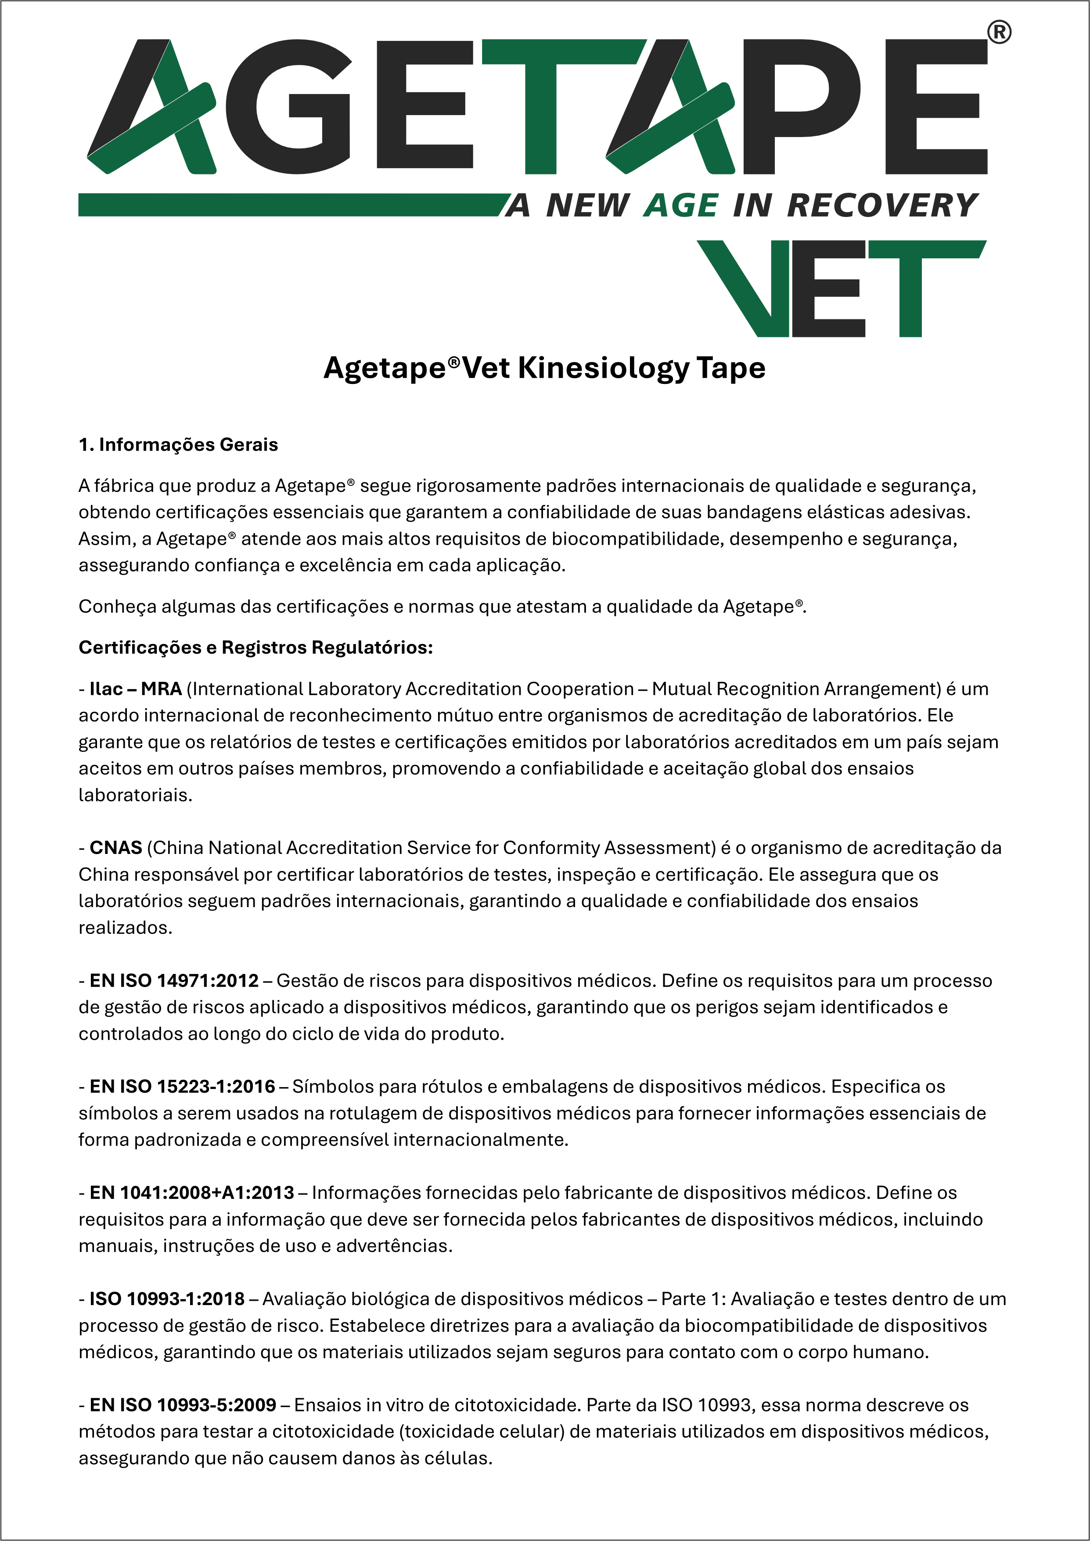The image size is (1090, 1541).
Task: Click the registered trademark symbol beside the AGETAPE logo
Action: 999,32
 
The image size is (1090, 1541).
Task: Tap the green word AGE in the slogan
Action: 680,206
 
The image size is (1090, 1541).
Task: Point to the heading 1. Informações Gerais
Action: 178,445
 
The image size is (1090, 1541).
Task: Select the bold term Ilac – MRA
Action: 136,689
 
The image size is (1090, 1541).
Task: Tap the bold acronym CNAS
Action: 115,847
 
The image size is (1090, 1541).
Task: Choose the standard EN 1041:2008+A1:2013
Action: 191,1193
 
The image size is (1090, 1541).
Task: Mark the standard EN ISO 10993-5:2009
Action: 183,1405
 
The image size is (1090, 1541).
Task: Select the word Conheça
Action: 115,606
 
